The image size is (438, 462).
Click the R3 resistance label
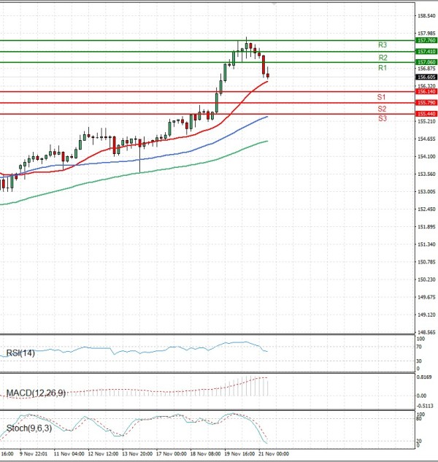[383, 45]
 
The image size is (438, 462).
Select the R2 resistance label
[383, 57]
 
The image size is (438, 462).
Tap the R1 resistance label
[383, 68]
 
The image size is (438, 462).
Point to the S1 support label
[382, 97]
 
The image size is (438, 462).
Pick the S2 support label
[382, 109]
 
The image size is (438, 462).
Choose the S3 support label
[382, 118]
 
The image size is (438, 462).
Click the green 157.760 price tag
[426, 41]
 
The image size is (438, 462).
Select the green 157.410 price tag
[426, 52]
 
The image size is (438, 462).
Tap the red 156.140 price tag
[426, 91]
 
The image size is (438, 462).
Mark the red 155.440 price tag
[426, 115]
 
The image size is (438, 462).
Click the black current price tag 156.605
[426, 77]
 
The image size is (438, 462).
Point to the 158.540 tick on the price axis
[425, 15]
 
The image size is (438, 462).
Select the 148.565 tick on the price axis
[425, 332]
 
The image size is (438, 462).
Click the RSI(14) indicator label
[20, 353]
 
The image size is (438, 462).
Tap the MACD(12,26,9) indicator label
[36, 393]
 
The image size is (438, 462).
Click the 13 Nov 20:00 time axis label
[137, 453]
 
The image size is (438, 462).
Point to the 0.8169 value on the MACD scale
[424, 377]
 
